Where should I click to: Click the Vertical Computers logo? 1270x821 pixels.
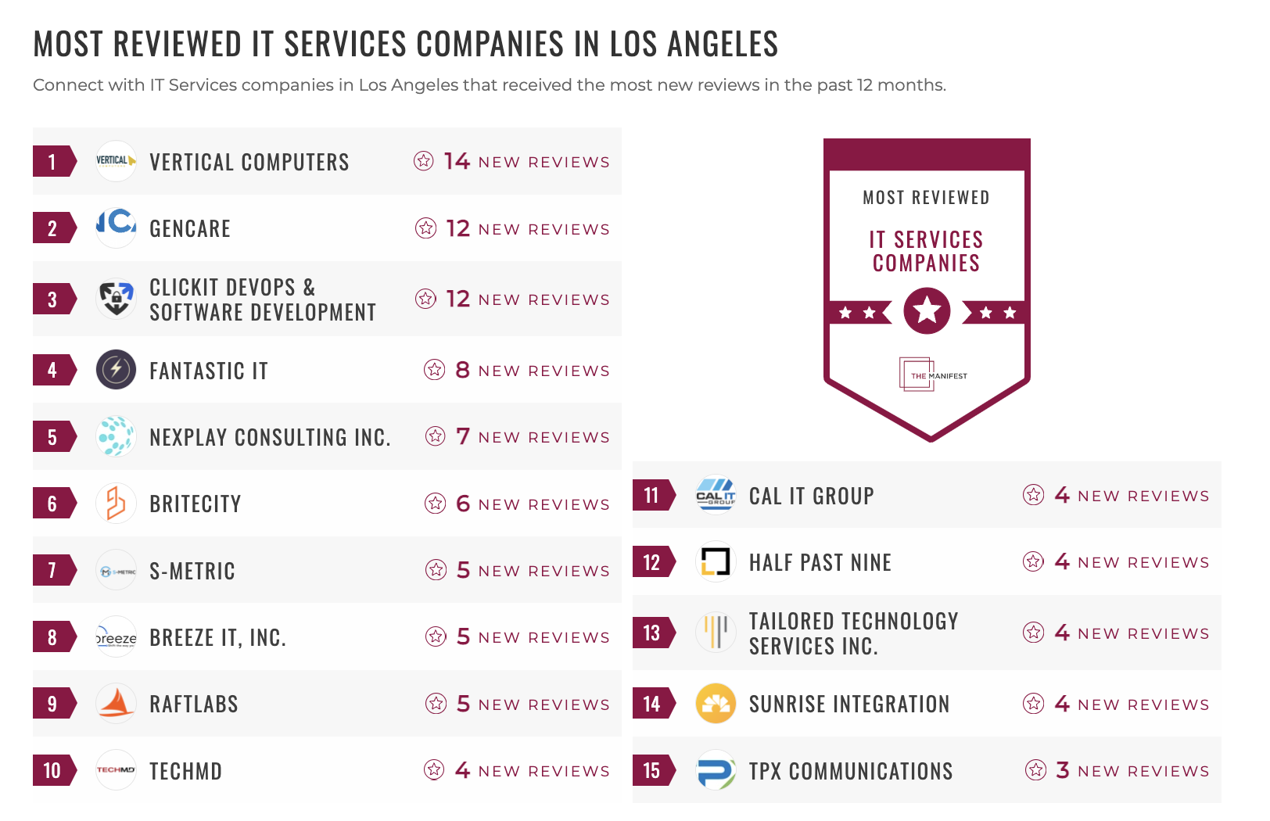pyautogui.click(x=116, y=161)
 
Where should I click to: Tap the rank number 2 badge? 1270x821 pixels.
pyautogui.click(x=52, y=228)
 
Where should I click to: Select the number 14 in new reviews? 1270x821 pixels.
pyautogui.click(x=457, y=161)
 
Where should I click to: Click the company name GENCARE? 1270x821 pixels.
pyautogui.click(x=190, y=229)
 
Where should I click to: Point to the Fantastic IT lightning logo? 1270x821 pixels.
pyautogui.click(x=116, y=370)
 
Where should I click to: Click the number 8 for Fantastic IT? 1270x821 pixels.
pyautogui.click(x=462, y=370)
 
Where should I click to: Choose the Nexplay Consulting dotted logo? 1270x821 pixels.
pyautogui.click(x=116, y=436)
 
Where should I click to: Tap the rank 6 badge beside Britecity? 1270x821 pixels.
pyautogui.click(x=52, y=504)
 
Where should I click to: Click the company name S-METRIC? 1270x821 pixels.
pyautogui.click(x=192, y=571)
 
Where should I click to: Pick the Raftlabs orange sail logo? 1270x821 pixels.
pyautogui.click(x=116, y=704)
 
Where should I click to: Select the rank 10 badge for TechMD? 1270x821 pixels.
pyautogui.click(x=52, y=771)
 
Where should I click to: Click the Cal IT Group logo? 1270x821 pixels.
pyautogui.click(x=716, y=495)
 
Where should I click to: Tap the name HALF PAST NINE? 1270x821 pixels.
pyautogui.click(x=820, y=562)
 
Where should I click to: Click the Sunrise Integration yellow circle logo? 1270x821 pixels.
pyautogui.click(x=716, y=704)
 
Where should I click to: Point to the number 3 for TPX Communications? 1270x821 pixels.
pyautogui.click(x=1062, y=770)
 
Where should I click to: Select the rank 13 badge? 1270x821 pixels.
pyautogui.click(x=651, y=633)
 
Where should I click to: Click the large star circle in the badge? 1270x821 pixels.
pyautogui.click(x=927, y=311)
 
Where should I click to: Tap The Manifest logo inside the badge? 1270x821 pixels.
pyautogui.click(x=930, y=375)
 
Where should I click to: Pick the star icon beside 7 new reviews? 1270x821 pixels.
pyautogui.click(x=436, y=436)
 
